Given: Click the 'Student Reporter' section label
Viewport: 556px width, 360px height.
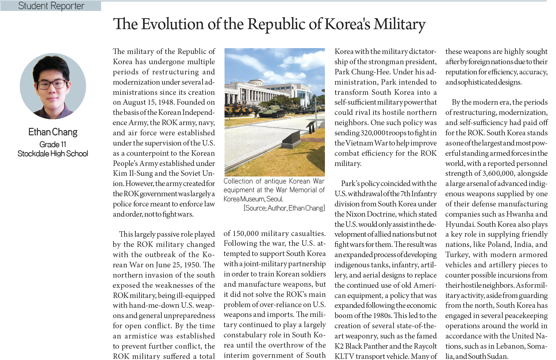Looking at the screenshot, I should pos(51,6).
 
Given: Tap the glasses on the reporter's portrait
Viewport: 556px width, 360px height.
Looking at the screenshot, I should pos(53,84).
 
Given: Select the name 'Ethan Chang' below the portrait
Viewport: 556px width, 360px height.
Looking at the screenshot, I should pos(53,132).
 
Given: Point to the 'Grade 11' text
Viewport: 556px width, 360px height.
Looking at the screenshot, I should pos(53,144).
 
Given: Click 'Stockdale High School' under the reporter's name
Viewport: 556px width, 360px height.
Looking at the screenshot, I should pos(53,154).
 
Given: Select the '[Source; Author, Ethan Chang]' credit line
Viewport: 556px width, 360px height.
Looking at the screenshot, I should pos(284,208).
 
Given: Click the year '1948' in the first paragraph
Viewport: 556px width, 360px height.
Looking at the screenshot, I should pos(166,102).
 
